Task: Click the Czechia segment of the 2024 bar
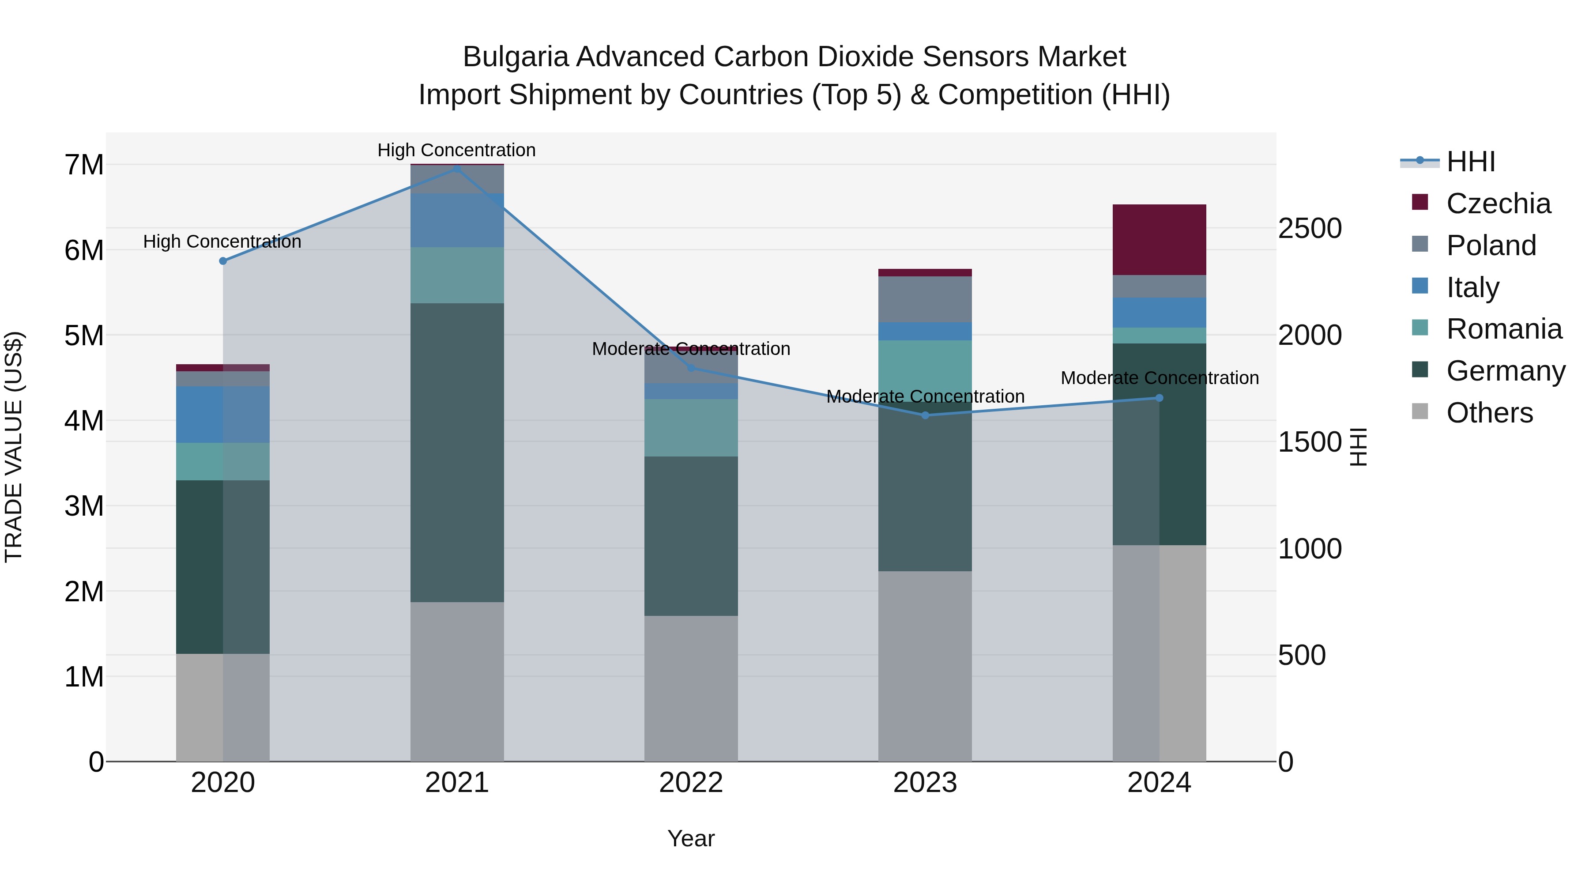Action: [1159, 239]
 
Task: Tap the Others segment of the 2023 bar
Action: [925, 666]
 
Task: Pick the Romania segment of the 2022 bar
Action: [691, 427]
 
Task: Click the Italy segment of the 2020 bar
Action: [223, 414]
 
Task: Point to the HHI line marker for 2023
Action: [925, 415]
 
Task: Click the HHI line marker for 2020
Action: [223, 261]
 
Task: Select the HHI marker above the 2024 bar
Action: [1159, 398]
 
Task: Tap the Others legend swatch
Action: [1420, 411]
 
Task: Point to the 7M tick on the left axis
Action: [84, 165]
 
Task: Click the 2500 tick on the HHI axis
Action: [1309, 228]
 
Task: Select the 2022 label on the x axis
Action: [691, 782]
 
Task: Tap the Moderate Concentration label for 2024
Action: [1159, 377]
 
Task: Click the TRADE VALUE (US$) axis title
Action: [14, 447]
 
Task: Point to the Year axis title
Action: [691, 838]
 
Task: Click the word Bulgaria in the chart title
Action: [515, 57]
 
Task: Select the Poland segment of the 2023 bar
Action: [925, 299]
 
